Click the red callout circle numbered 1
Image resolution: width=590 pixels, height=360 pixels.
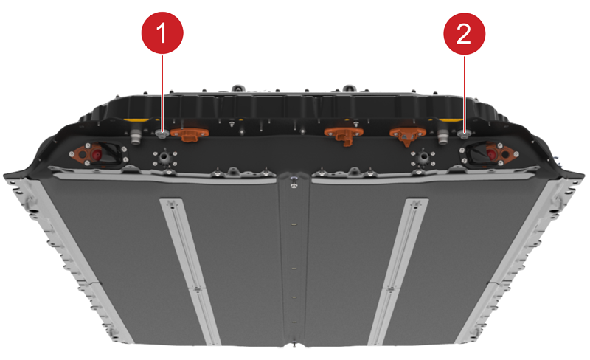(x=162, y=32)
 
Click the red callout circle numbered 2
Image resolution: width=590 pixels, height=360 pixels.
(x=465, y=34)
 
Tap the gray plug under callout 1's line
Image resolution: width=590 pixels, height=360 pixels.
(x=162, y=134)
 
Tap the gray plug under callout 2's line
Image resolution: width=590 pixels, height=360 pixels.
(x=465, y=134)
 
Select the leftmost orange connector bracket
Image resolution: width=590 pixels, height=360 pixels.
(x=190, y=134)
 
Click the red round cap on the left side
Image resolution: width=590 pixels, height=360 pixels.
(x=97, y=154)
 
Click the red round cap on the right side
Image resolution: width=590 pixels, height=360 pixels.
(x=491, y=153)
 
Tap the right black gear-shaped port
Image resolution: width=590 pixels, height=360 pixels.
(x=423, y=159)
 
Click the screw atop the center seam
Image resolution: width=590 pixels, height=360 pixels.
(x=294, y=184)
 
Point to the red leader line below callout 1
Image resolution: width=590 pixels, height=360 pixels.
(x=162, y=93)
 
